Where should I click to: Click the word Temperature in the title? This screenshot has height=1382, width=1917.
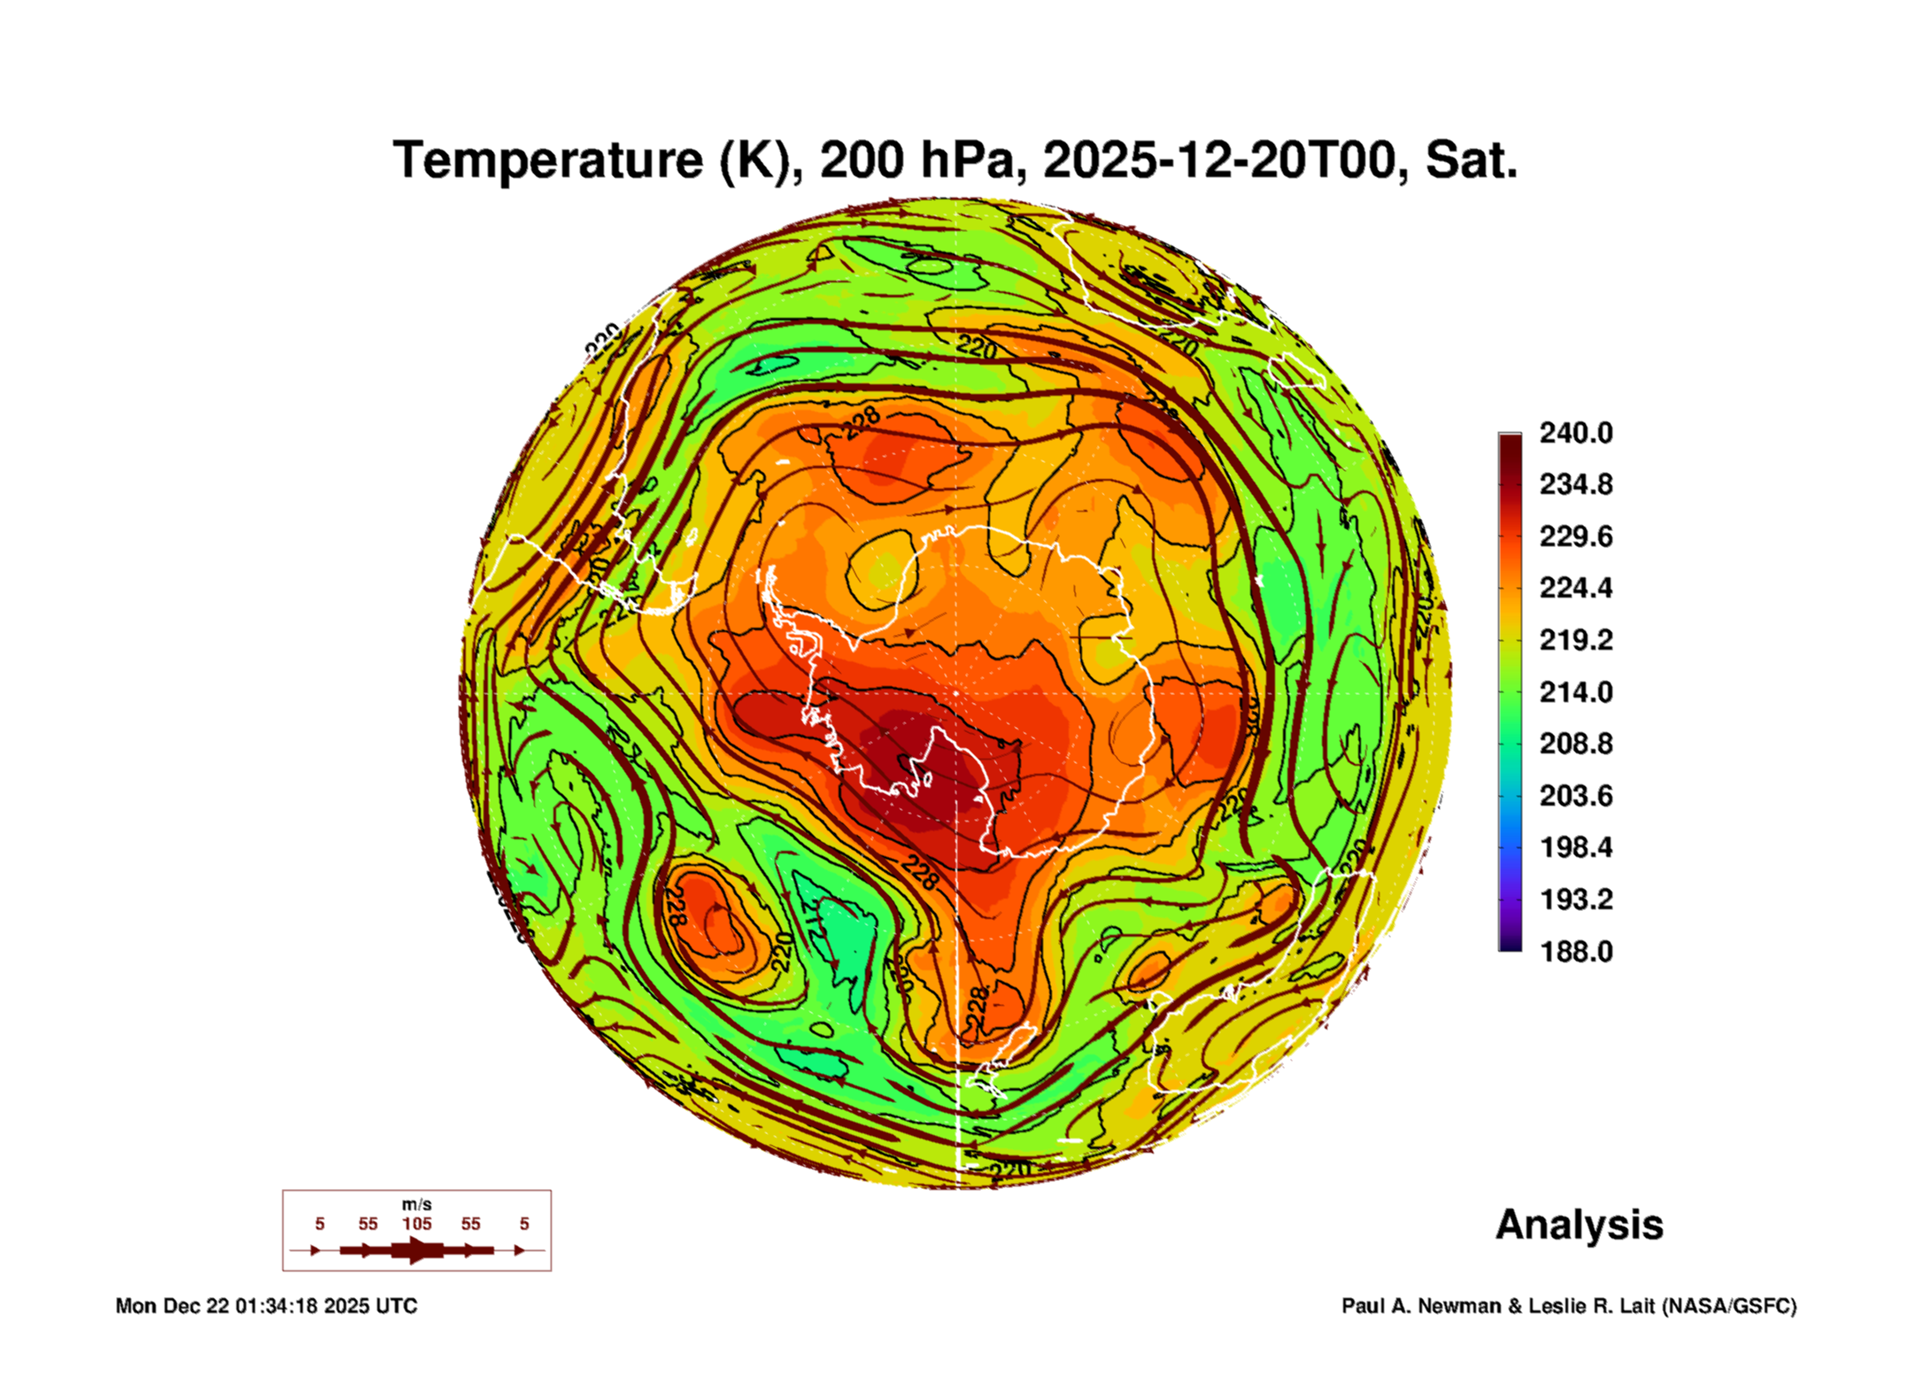548,161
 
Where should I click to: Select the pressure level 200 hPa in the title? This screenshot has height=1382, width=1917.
922,161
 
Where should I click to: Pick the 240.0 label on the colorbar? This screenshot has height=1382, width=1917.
1576,433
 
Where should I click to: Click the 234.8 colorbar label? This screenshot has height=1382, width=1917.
1576,484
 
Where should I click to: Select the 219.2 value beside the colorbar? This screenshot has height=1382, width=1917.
1576,640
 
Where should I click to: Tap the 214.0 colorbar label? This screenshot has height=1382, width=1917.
1576,691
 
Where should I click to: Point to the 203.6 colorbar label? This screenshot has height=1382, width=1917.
1576,796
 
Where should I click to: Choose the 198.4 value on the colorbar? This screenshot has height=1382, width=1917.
1576,847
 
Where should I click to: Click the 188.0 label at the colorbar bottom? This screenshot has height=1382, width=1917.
1576,952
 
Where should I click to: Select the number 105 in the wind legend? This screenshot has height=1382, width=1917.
417,1224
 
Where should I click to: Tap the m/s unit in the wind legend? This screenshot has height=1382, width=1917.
417,1205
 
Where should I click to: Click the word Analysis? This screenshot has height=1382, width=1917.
1580,1224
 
